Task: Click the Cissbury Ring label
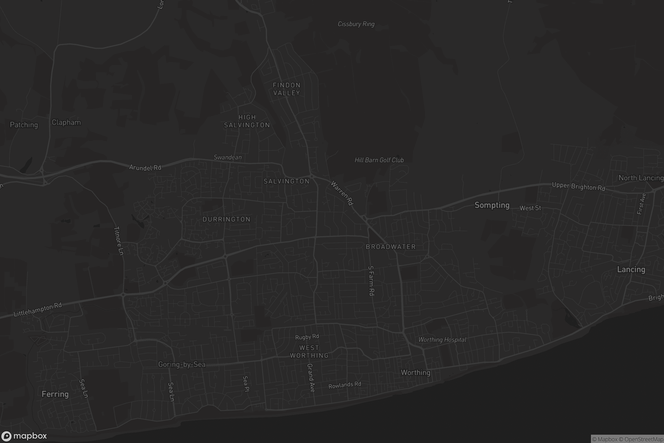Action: [356, 24]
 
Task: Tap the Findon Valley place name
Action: [287, 89]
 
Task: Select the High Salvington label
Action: [247, 121]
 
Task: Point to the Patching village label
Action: [24, 125]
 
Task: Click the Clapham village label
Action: [66, 122]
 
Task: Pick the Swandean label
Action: [227, 157]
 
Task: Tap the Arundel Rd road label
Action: [145, 168]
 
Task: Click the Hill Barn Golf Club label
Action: [379, 160]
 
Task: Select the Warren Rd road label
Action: [342, 193]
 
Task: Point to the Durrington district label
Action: [226, 220]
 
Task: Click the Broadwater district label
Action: [391, 247]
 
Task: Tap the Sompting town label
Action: [492, 205]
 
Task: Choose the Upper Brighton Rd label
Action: [579, 186]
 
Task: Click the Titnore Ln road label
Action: [119, 241]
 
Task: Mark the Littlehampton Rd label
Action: [38, 310]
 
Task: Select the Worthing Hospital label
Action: [442, 340]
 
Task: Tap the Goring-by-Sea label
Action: [182, 364]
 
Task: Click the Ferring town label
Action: [55, 394]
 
